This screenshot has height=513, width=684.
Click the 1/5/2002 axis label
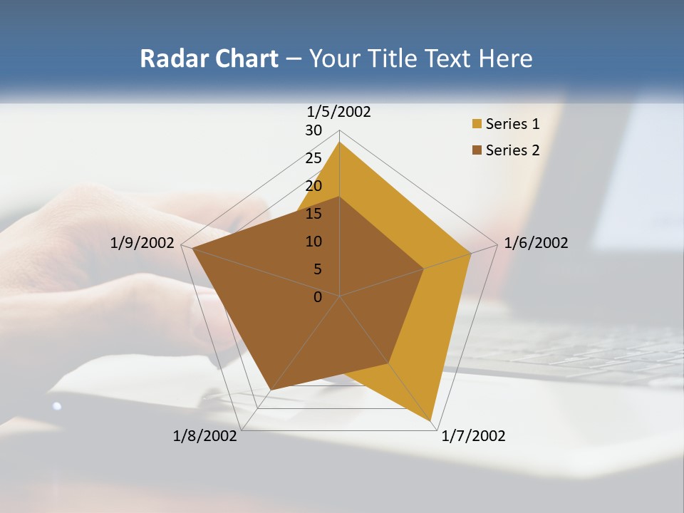point(339,112)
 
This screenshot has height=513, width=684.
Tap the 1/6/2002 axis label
point(536,243)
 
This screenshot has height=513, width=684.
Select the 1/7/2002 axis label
point(473,436)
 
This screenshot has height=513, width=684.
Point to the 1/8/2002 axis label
point(205,436)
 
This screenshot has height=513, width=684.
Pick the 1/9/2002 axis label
point(142,243)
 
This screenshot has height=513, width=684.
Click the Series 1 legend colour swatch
point(477,125)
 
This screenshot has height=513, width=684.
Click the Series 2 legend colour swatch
point(477,150)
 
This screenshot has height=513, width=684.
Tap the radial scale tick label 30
point(313,130)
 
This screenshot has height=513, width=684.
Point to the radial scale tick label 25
point(313,158)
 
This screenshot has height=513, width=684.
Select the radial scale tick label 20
point(313,186)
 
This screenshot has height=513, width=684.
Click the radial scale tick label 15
point(313,214)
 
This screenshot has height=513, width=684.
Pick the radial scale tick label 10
point(313,242)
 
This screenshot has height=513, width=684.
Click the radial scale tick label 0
point(318,297)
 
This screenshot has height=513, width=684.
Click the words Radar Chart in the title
point(209,58)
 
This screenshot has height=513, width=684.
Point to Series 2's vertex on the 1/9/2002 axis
point(192,249)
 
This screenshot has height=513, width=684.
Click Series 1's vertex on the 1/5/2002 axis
point(340,142)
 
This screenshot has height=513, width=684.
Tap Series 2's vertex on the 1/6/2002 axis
point(424,269)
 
